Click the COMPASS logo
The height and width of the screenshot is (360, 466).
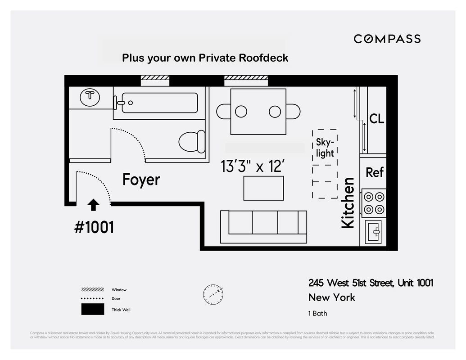click(x=387, y=39)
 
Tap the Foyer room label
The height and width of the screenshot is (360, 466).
click(x=141, y=180)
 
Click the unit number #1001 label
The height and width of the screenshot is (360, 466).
click(x=94, y=227)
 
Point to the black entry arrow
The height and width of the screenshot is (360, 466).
click(x=93, y=205)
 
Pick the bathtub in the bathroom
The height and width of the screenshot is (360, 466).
click(x=158, y=103)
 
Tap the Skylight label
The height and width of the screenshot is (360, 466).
click(x=325, y=148)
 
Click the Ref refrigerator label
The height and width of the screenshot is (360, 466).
click(x=375, y=172)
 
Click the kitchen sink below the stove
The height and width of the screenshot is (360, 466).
click(x=374, y=232)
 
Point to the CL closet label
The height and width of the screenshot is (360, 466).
click(x=377, y=119)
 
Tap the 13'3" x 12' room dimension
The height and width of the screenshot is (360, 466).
click(x=253, y=166)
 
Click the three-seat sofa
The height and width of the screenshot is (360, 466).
click(x=263, y=227)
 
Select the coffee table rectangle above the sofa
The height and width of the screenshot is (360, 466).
click(x=263, y=188)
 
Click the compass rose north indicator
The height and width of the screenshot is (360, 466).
click(x=213, y=293)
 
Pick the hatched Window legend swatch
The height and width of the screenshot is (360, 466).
click(x=92, y=289)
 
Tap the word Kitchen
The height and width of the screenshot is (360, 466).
click(x=348, y=203)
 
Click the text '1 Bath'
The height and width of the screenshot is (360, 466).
click(x=318, y=313)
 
